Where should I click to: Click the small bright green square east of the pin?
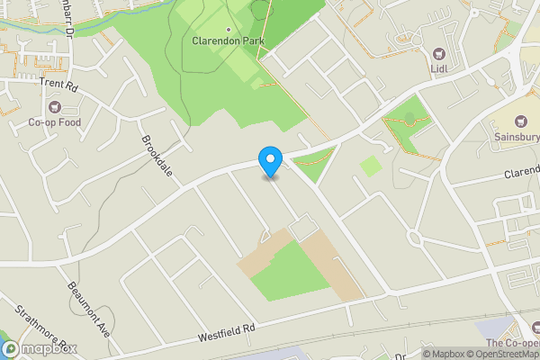pos(370,166)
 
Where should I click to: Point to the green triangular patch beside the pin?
pos(310,165)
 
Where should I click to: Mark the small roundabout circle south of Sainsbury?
pos(416,238)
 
